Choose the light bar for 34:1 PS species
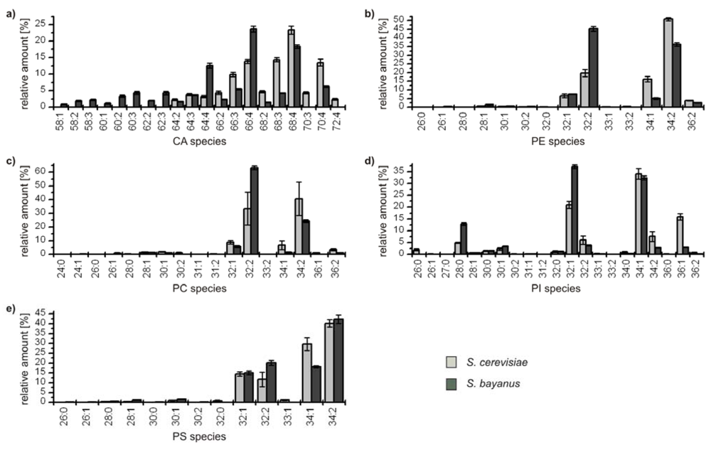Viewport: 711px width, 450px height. click(307, 373)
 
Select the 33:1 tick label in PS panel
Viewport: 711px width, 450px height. click(285, 416)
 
